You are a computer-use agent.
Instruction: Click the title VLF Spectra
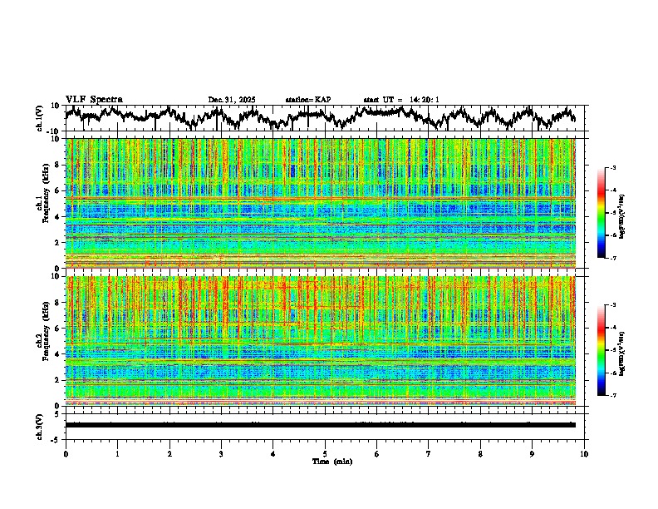pyautogui.click(x=94, y=100)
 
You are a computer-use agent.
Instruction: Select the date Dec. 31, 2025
pyautogui.click(x=232, y=100)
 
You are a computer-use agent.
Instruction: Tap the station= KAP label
pyautogui.click(x=307, y=100)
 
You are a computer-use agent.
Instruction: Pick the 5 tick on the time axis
pyautogui.click(x=326, y=453)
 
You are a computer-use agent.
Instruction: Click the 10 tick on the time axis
pyautogui.click(x=585, y=453)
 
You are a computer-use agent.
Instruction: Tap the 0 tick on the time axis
pyautogui.click(x=66, y=453)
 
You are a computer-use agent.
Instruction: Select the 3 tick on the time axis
pyautogui.click(x=222, y=453)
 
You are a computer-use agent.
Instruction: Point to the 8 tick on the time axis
pyautogui.click(x=481, y=453)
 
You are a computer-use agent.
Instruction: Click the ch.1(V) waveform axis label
pyautogui.click(x=41, y=118)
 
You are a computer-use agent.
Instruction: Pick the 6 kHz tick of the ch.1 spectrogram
pyautogui.click(x=57, y=190)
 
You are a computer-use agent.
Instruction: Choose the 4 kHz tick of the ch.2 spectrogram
pyautogui.click(x=57, y=354)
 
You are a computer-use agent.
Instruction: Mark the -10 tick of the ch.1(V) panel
pyautogui.click(x=52, y=131)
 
